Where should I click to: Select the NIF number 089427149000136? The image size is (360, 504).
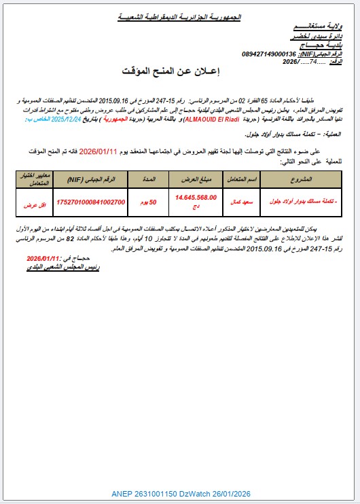(x=269, y=54)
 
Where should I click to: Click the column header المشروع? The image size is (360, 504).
(x=300, y=179)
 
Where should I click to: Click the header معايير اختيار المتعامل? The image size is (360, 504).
(x=31, y=179)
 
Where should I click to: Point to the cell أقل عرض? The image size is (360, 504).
(x=31, y=202)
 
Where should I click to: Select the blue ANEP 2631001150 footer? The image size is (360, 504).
(x=179, y=493)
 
